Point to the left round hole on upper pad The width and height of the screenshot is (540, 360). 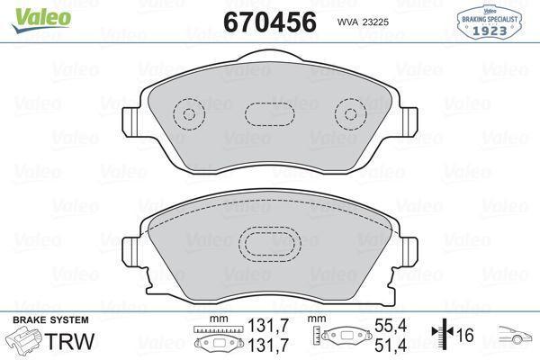(x=189, y=113)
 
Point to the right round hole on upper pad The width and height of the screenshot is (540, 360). (x=347, y=113)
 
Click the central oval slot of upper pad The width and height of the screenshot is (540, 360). (x=267, y=114)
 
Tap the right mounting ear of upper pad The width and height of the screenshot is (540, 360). (x=409, y=120)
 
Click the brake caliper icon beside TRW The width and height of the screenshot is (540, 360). (x=23, y=342)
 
